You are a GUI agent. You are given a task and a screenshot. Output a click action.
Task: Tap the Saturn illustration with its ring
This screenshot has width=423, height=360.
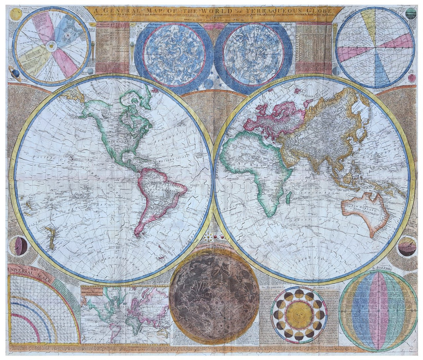click(x=15, y=73)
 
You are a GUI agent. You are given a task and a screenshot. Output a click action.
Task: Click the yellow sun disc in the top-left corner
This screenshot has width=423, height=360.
click(x=16, y=14)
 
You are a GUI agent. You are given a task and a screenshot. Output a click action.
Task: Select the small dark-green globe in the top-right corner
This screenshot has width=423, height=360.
click(x=410, y=13)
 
